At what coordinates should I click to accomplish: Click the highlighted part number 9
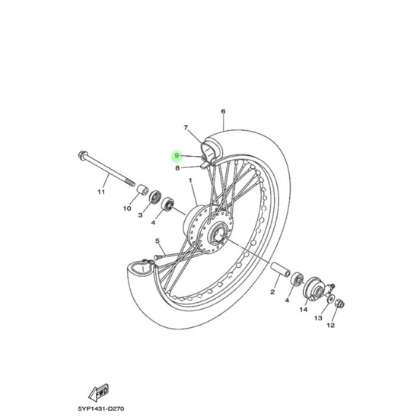(x=177, y=156)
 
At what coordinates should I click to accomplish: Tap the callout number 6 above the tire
(x=224, y=111)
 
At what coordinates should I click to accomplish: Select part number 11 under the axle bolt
(x=101, y=192)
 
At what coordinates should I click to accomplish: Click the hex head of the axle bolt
(x=83, y=155)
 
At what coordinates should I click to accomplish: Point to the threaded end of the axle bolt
(x=130, y=183)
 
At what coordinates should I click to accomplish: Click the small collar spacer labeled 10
(x=143, y=190)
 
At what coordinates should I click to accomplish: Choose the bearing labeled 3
(x=155, y=198)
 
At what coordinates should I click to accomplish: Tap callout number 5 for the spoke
(x=157, y=241)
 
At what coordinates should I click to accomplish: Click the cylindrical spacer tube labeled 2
(x=281, y=270)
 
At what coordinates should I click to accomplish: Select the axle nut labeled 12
(x=339, y=304)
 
